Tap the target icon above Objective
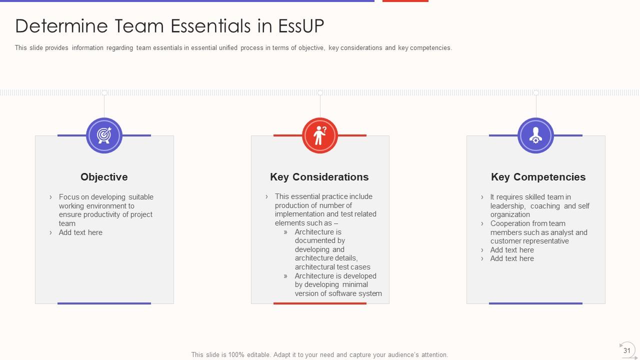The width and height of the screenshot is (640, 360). coord(104,135)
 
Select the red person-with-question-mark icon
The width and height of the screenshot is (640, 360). coord(320,135)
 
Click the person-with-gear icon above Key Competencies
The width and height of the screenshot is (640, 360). coord(535,135)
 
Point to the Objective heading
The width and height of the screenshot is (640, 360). coord(104,177)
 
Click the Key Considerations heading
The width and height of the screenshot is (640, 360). coord(319,177)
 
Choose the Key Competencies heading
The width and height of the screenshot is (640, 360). coord(538,177)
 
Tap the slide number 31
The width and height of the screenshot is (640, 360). coord(626,350)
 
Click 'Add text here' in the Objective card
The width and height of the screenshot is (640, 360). coord(80,232)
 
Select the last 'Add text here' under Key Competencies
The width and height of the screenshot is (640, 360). coord(512,258)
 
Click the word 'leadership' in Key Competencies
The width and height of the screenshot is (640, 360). coord(507,206)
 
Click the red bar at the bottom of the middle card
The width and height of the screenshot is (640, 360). coord(320,303)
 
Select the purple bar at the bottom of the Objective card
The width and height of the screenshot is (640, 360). coord(104,303)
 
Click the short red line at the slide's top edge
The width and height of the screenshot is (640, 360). coord(405,1)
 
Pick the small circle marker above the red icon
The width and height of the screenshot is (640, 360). coord(320,92)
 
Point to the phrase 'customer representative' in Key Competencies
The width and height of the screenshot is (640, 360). coord(529,241)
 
